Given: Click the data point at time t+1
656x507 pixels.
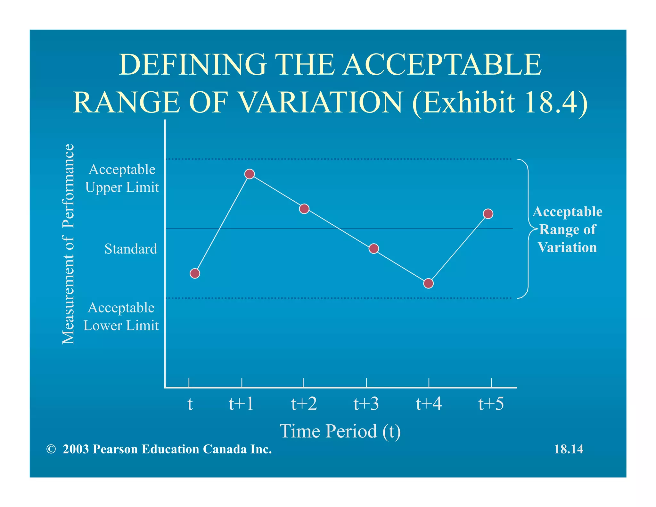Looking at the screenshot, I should click(x=250, y=174).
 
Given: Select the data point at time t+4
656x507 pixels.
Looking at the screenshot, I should click(x=428, y=283).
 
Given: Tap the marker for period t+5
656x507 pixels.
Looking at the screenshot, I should click(x=488, y=214).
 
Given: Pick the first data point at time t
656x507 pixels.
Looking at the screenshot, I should click(x=195, y=273).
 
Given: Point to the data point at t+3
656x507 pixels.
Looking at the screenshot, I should click(x=373, y=249).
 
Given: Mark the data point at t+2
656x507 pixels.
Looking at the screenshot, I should click(x=304, y=209).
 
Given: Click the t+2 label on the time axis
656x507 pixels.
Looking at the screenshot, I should click(x=304, y=403).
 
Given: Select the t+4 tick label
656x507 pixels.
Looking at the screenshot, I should click(x=429, y=403).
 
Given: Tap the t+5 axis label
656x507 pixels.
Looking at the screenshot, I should click(x=491, y=403).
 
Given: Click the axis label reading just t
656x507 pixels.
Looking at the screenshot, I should click(x=190, y=404).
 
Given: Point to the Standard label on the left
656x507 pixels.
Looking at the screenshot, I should click(x=131, y=249).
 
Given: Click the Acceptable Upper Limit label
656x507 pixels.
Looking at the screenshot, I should click(x=122, y=178).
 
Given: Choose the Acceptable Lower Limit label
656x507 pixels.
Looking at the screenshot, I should click(x=121, y=316).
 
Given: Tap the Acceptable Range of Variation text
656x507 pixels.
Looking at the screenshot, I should click(x=567, y=229).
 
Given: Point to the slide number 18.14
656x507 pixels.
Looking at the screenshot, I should click(x=569, y=449).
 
